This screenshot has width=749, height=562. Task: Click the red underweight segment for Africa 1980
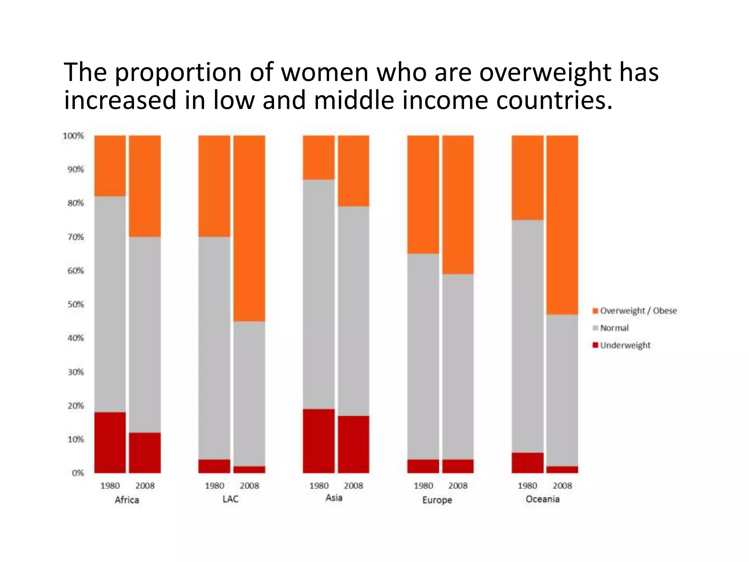tap(110, 442)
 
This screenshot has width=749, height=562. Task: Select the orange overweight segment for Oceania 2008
tap(562, 225)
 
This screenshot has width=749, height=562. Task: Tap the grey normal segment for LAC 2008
tap(249, 393)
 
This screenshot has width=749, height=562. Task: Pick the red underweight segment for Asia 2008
tap(353, 444)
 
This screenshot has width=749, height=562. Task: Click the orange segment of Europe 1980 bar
tap(423, 194)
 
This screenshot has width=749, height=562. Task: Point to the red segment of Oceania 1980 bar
tap(527, 462)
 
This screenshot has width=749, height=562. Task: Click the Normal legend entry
tap(614, 328)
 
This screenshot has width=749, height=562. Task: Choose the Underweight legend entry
tap(625, 345)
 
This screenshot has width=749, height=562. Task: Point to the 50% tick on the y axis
tap(75, 304)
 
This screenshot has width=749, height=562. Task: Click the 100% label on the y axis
tap(73, 136)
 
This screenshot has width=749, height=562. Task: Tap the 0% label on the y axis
tap(78, 473)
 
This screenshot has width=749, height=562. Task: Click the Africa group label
tap(127, 500)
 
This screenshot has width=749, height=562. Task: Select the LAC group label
tap(230, 499)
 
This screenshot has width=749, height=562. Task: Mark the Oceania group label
tap(543, 499)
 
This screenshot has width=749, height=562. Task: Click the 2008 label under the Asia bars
tap(353, 486)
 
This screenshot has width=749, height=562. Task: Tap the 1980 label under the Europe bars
tap(423, 486)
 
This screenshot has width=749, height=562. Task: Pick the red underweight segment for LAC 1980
tap(214, 466)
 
